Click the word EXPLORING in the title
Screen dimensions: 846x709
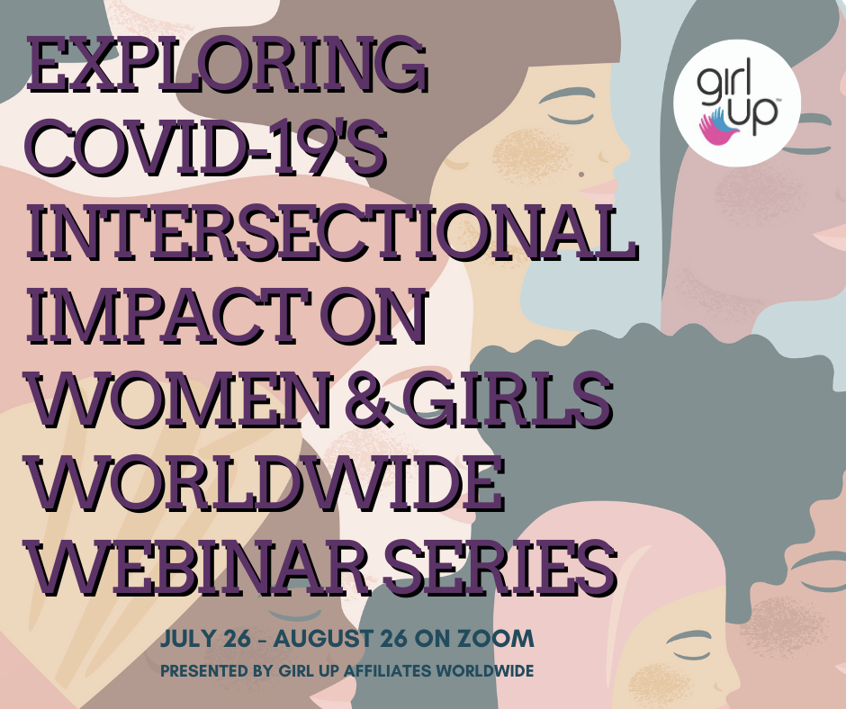click(227, 64)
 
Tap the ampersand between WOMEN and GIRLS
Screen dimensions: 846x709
click(368, 399)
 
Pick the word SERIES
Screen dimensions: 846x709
click(500, 567)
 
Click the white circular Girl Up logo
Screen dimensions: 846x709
click(737, 103)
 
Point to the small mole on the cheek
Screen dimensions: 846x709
click(582, 175)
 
